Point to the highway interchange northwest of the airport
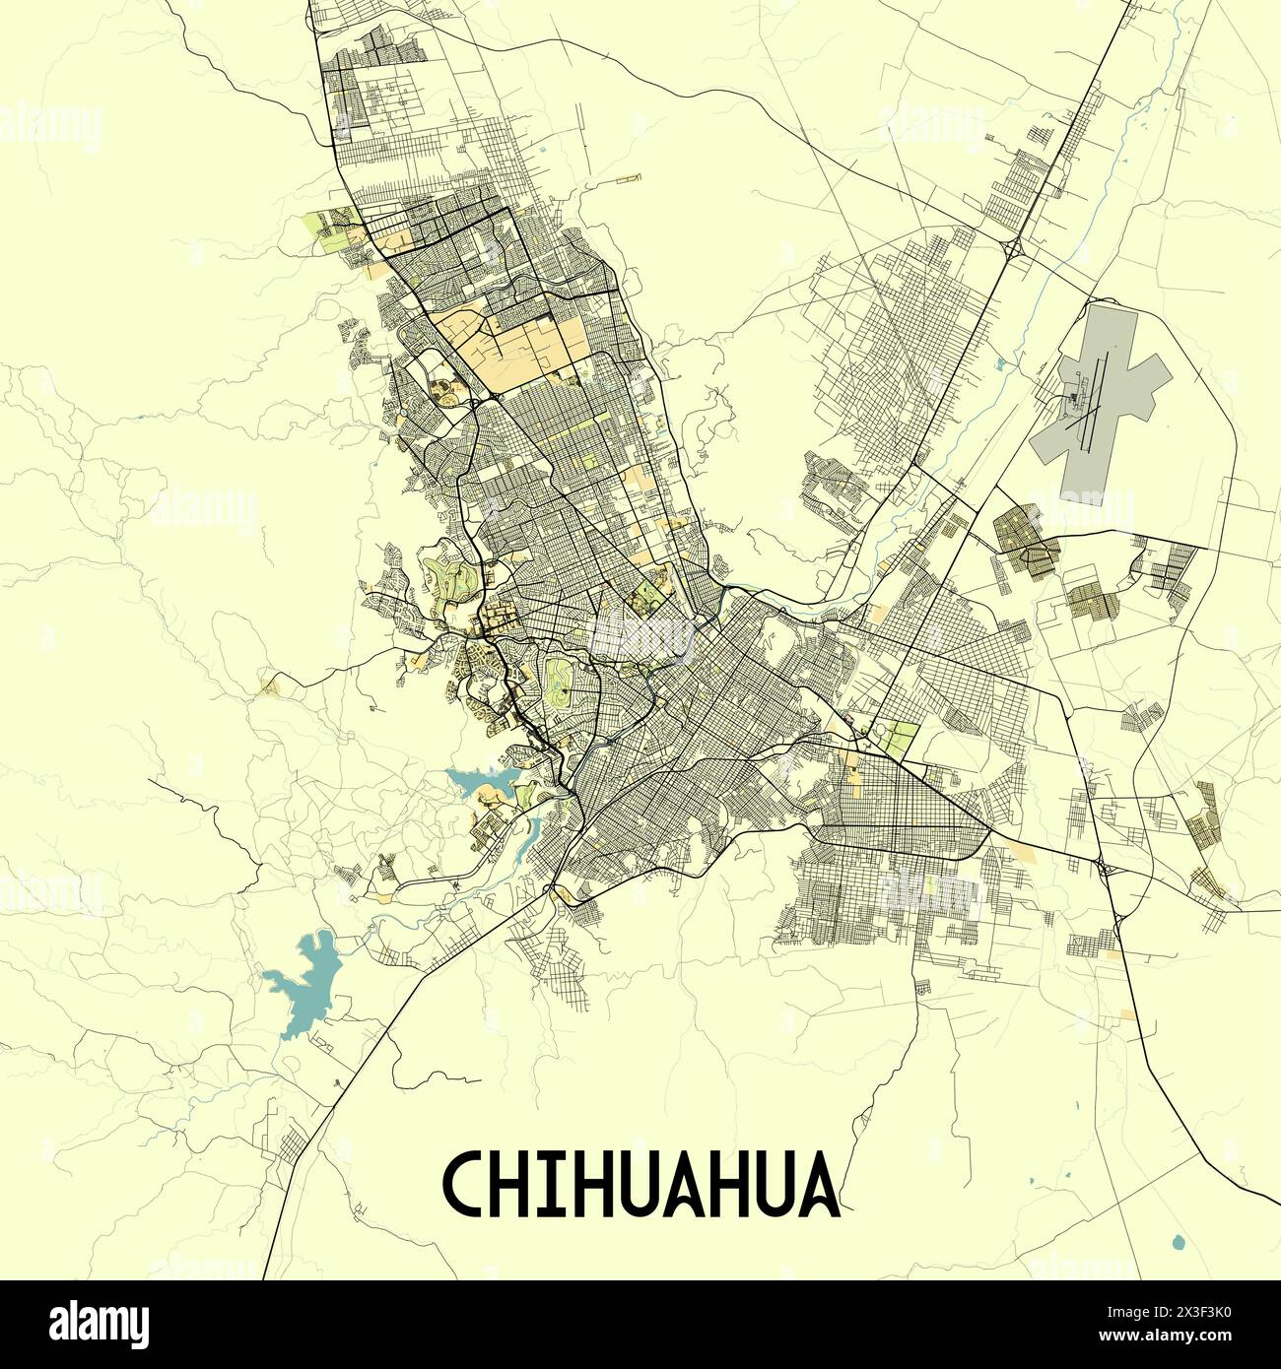(1011, 246)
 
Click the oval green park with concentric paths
(560, 685)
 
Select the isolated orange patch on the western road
(267, 685)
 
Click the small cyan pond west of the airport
(1001, 364)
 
